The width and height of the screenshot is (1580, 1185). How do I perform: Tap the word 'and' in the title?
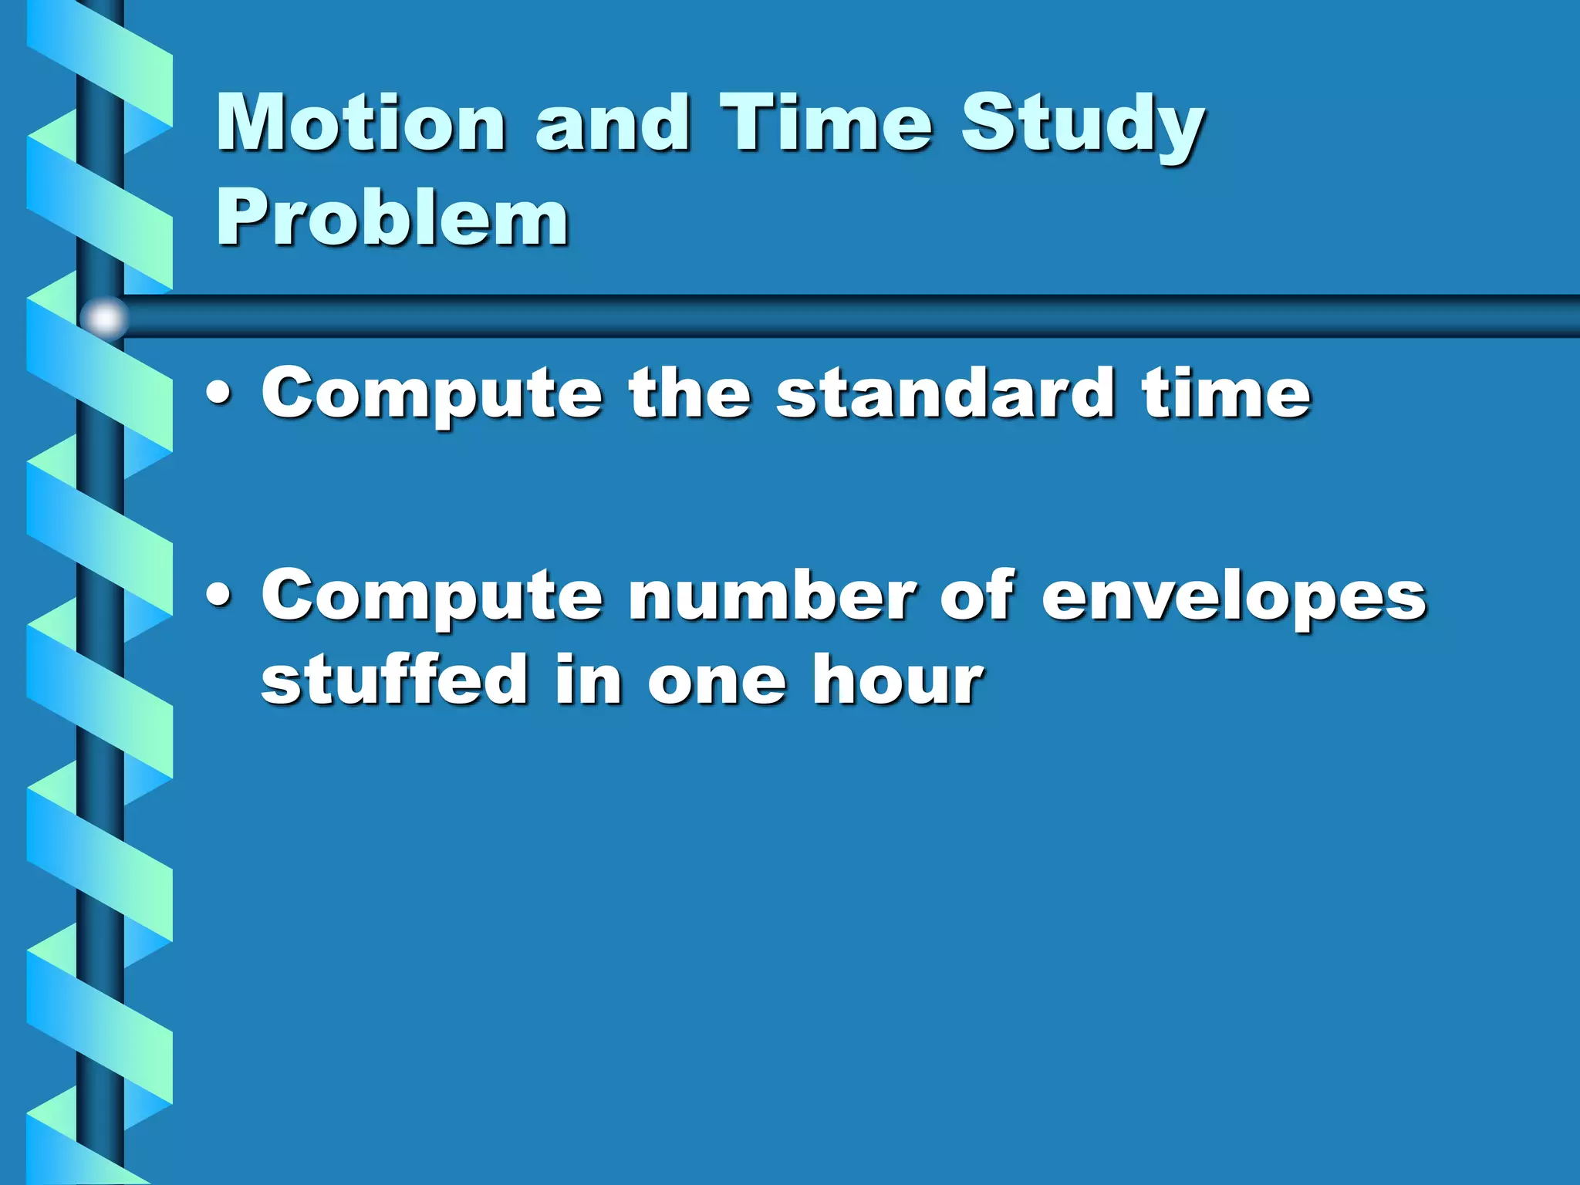coord(613,123)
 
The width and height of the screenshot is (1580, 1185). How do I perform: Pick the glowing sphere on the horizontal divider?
coord(104,318)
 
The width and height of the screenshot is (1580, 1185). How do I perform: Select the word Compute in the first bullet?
coord(432,395)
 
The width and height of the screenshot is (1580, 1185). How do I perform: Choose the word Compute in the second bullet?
coord(432,597)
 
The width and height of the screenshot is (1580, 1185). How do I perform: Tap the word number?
coord(772,596)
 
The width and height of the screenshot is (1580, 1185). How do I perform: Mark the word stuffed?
coord(394,679)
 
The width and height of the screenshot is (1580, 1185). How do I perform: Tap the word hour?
coord(898,679)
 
